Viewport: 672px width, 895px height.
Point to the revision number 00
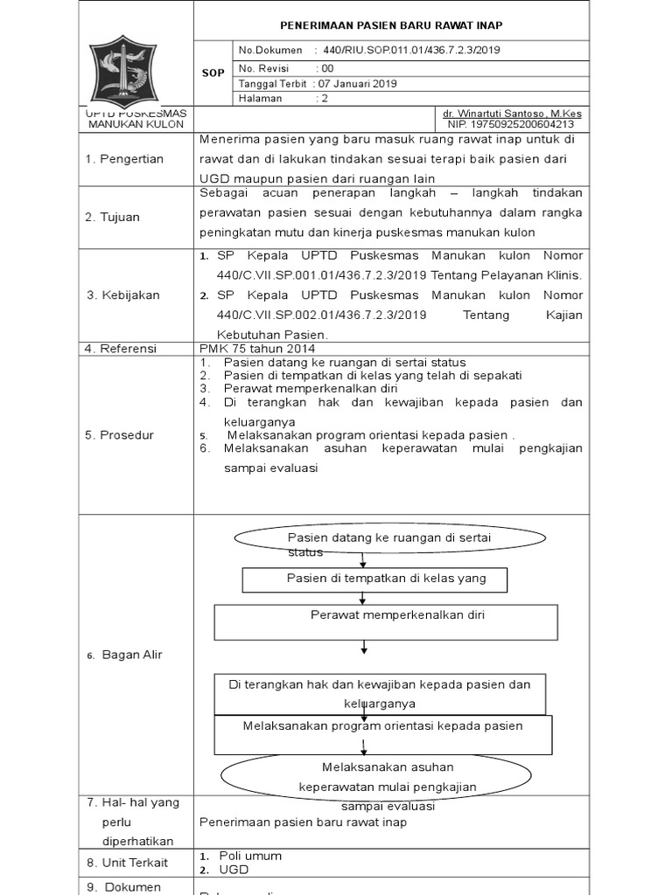[x=327, y=67]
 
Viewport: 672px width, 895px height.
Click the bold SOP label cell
[x=213, y=73]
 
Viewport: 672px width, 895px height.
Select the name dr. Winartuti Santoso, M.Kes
[x=512, y=114]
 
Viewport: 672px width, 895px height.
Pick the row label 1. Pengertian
[x=124, y=158]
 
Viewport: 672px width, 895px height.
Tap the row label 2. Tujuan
[x=112, y=217]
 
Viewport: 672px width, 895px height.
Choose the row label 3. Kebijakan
[x=122, y=295]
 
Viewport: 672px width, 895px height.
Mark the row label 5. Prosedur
[x=119, y=434]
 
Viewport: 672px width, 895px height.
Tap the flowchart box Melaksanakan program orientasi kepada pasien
[x=382, y=726]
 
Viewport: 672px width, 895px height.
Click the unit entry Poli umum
[x=250, y=856]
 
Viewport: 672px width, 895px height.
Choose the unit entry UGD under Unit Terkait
[x=234, y=870]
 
